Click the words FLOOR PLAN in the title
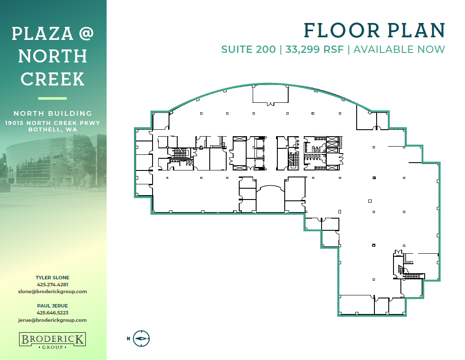374,30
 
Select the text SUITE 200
248,49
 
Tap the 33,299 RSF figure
314,49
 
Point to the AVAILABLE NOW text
399,49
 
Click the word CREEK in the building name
52,79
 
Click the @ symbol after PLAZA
86,33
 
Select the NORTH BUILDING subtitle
53,113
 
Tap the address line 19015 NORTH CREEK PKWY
52,123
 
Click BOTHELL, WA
53,129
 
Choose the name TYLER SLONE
52,278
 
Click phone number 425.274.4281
52,285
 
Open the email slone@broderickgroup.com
52,291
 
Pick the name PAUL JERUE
52,306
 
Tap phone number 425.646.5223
52,313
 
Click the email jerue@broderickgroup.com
52,320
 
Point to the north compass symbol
141,339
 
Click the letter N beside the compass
128,339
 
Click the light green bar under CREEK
52,98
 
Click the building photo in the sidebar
53,163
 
